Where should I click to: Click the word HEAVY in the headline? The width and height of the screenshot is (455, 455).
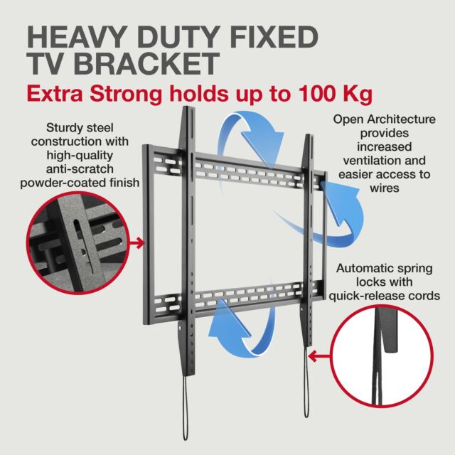[x=77, y=37]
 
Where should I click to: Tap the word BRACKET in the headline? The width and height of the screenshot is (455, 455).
[x=147, y=64]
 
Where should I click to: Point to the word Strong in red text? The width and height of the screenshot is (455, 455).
[x=125, y=94]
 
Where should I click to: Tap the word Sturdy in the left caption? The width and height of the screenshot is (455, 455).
[x=64, y=128]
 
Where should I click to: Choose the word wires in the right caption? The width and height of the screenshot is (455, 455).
[x=385, y=188]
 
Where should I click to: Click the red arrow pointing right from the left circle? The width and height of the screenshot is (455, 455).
[x=137, y=243]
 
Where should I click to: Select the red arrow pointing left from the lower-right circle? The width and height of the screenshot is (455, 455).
[x=319, y=356]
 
